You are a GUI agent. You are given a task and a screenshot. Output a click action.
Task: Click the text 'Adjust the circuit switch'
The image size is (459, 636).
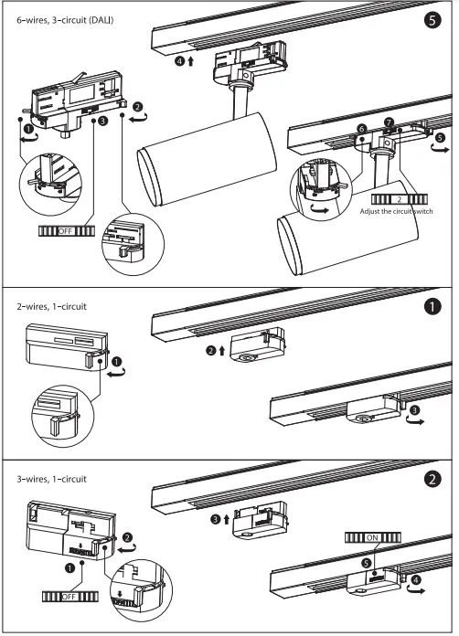click(x=396, y=210)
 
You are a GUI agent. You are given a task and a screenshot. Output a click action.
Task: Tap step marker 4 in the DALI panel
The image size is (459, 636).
click(x=180, y=62)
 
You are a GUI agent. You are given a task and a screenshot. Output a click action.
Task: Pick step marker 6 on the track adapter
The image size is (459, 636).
click(x=362, y=130)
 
